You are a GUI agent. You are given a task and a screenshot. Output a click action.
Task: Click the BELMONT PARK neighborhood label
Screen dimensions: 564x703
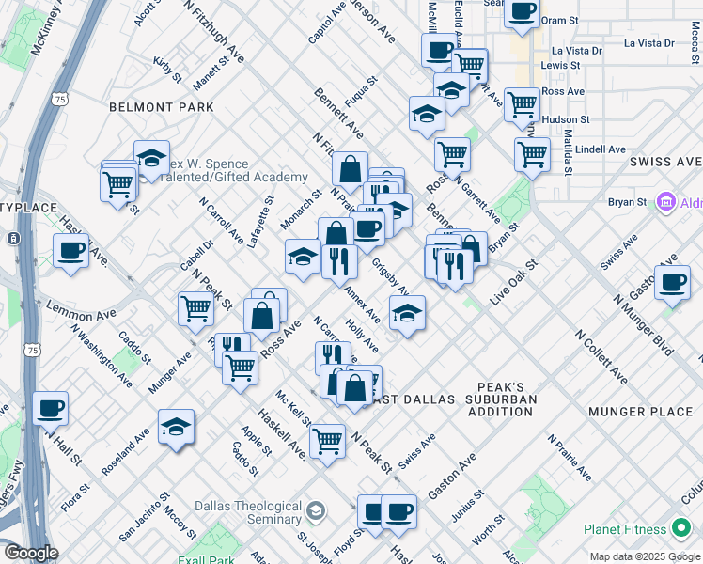coord(162,108)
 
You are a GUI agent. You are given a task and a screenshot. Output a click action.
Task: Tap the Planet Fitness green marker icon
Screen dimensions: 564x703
coord(680,529)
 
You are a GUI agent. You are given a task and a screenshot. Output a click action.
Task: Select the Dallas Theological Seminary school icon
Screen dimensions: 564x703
coord(316,511)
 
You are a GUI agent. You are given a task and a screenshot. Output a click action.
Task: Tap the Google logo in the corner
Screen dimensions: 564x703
coord(30,553)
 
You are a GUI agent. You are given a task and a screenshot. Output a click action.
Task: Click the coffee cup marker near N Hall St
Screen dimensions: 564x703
coord(51,409)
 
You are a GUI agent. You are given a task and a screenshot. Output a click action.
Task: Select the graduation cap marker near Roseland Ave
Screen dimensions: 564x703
coord(176,428)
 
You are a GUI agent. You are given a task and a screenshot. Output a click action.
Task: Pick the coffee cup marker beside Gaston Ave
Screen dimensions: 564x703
coord(671,284)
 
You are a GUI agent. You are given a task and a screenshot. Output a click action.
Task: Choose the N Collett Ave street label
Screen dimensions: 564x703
coord(601,357)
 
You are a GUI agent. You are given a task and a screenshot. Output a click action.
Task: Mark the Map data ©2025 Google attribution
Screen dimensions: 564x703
coord(645,556)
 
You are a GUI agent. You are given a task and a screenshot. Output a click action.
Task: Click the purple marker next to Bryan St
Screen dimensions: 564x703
coord(666,201)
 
